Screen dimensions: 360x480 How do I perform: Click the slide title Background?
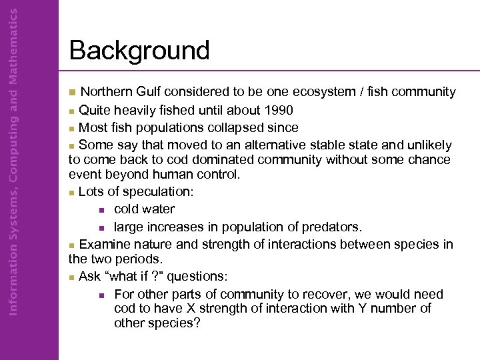tap(139, 51)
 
